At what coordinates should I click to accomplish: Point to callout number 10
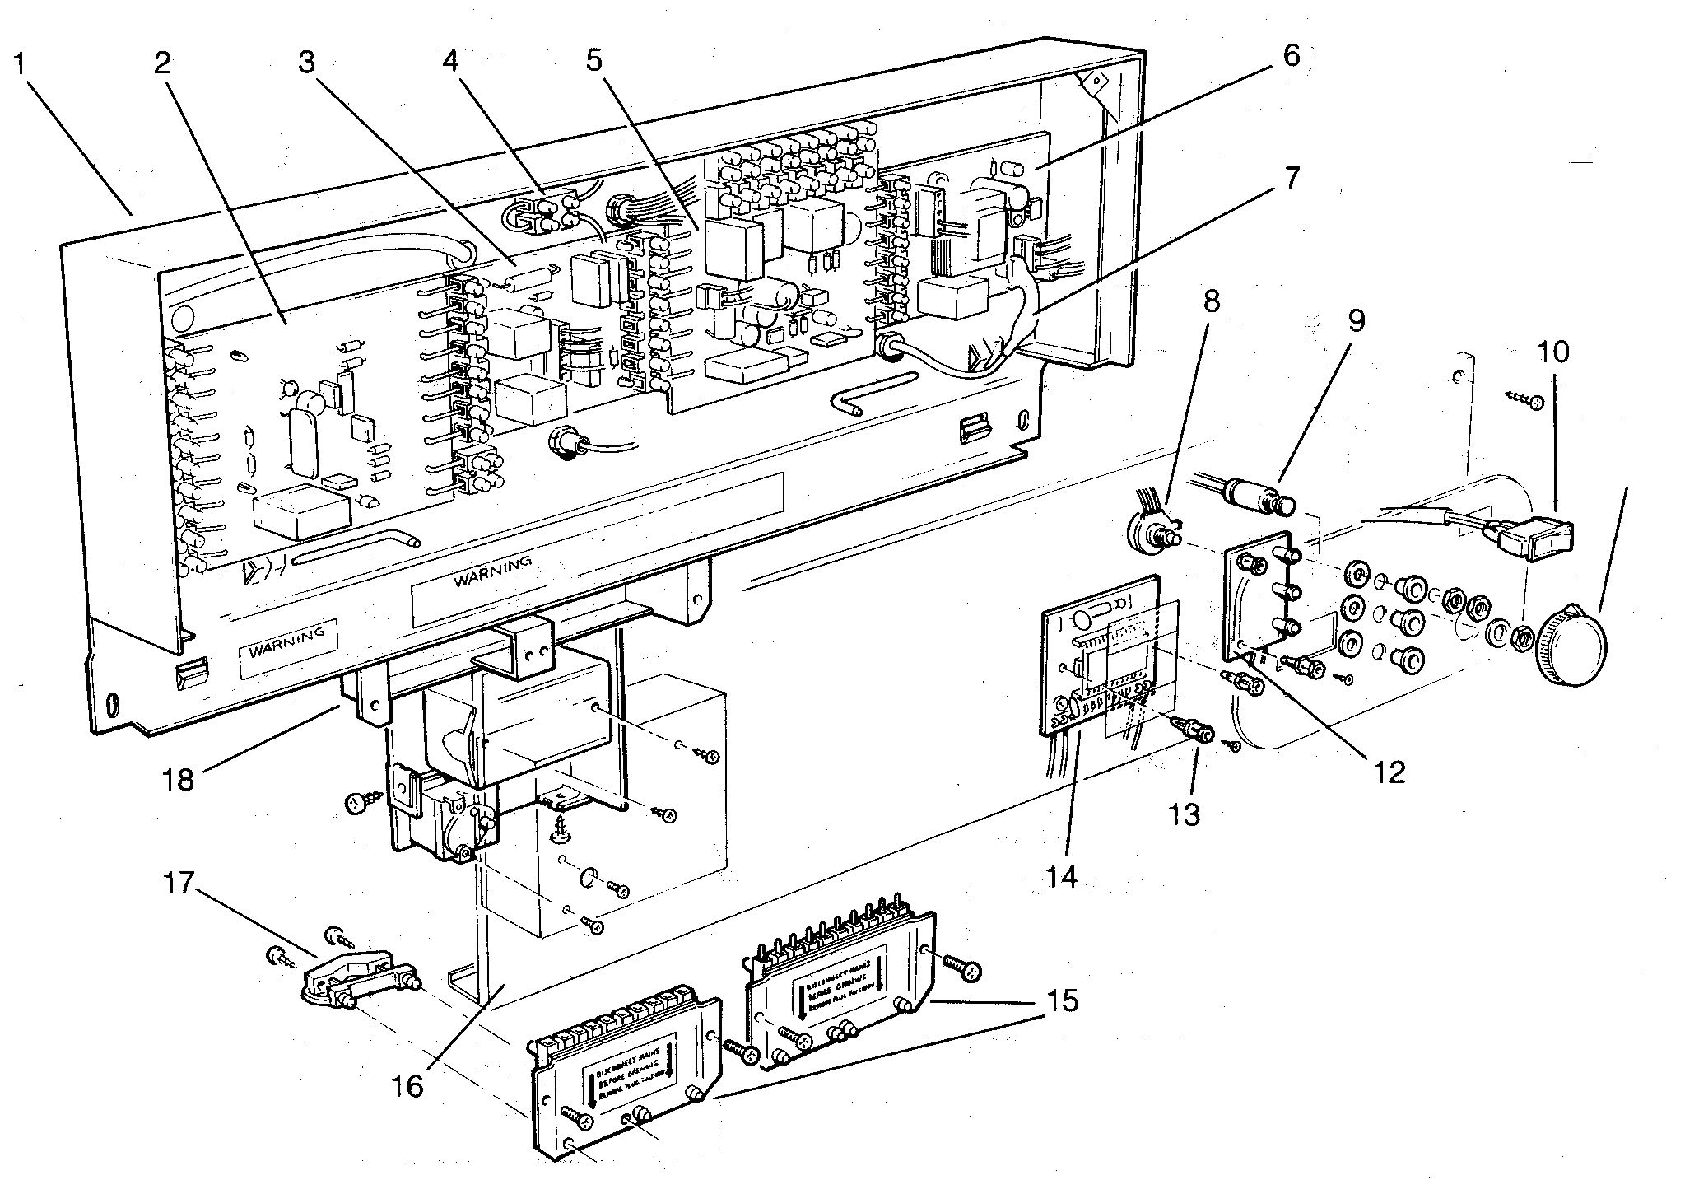1553,352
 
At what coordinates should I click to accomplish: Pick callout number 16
407,1086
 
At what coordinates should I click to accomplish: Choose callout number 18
179,778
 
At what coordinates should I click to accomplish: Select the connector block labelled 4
539,212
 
